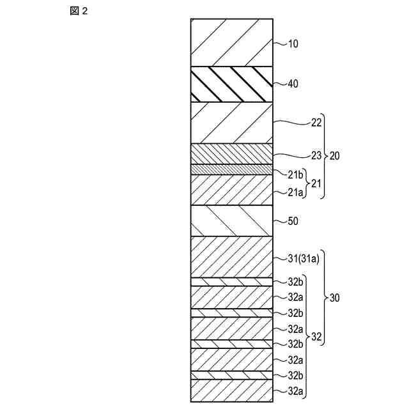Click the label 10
(293, 44)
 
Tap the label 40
(293, 84)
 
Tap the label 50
(293, 221)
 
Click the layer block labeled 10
(232, 42)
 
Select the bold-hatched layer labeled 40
(232, 84)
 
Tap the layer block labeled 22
(232, 122)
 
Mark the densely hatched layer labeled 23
(232, 153)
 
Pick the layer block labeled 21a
(232, 190)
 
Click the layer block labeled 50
(232, 220)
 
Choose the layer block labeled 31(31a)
(232, 256)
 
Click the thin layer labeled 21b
(232, 169)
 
